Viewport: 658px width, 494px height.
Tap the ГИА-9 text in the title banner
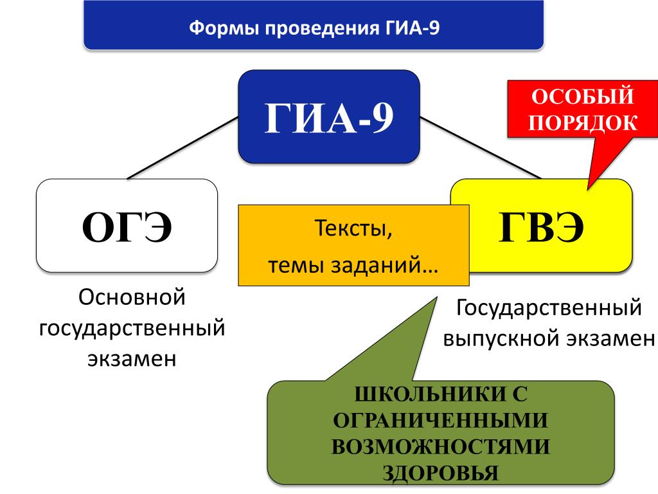(x=412, y=28)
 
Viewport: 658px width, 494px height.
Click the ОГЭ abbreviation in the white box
(x=127, y=227)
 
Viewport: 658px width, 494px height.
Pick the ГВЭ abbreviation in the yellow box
(x=541, y=227)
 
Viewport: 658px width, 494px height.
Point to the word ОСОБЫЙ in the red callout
(x=582, y=96)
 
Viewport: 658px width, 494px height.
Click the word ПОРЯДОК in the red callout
(x=582, y=123)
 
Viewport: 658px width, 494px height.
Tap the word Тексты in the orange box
(x=353, y=228)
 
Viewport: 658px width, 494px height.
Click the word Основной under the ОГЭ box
(x=132, y=297)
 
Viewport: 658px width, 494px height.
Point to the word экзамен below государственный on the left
(x=132, y=360)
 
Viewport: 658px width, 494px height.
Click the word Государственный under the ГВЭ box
(x=549, y=307)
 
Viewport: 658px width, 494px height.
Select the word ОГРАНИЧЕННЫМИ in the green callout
(x=441, y=421)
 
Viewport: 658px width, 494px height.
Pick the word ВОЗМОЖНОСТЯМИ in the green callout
(x=441, y=446)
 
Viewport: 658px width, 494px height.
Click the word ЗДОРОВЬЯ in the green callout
(x=441, y=473)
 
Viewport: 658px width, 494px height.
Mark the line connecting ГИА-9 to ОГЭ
(x=182, y=149)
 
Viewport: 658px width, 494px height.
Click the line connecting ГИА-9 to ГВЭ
(x=481, y=148)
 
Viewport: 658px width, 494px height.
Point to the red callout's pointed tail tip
(x=588, y=190)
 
